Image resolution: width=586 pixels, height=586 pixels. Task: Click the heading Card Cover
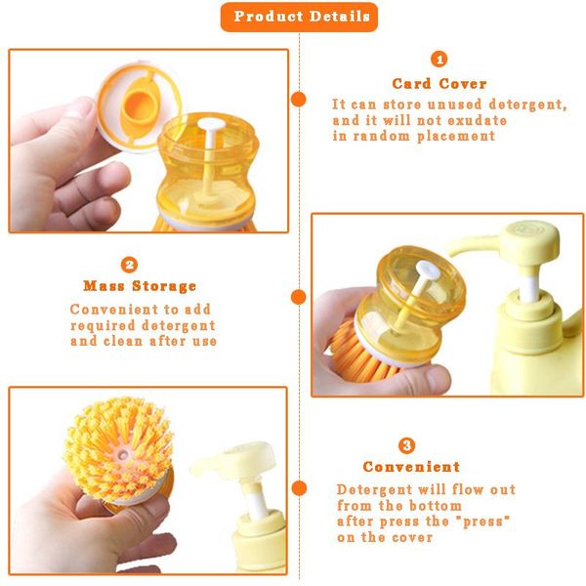click(x=439, y=84)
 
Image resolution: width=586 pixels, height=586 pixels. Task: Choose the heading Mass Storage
click(x=140, y=286)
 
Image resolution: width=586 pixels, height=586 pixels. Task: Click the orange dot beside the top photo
click(x=299, y=99)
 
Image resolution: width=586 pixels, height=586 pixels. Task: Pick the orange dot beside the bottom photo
click(x=299, y=487)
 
